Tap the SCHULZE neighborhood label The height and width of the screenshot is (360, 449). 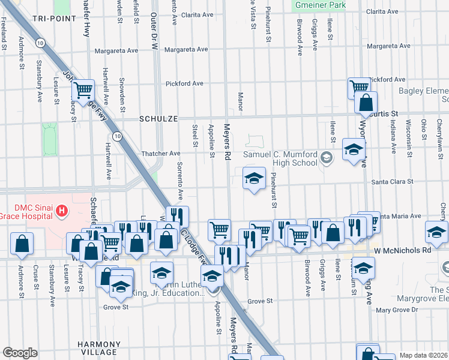click(x=158, y=119)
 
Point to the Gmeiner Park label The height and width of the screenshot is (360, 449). click(x=320, y=5)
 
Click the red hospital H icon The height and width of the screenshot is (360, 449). click(x=62, y=211)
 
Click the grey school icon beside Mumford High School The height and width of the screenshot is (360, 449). click(x=326, y=158)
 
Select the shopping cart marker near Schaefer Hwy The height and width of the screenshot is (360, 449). click(x=83, y=90)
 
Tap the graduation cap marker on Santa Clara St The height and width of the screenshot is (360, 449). click(x=254, y=178)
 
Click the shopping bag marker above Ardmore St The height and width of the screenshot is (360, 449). click(x=22, y=244)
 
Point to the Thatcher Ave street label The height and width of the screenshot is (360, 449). click(x=160, y=154)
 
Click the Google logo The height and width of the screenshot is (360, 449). click(x=20, y=353)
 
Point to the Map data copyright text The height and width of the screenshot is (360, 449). click(x=423, y=355)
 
